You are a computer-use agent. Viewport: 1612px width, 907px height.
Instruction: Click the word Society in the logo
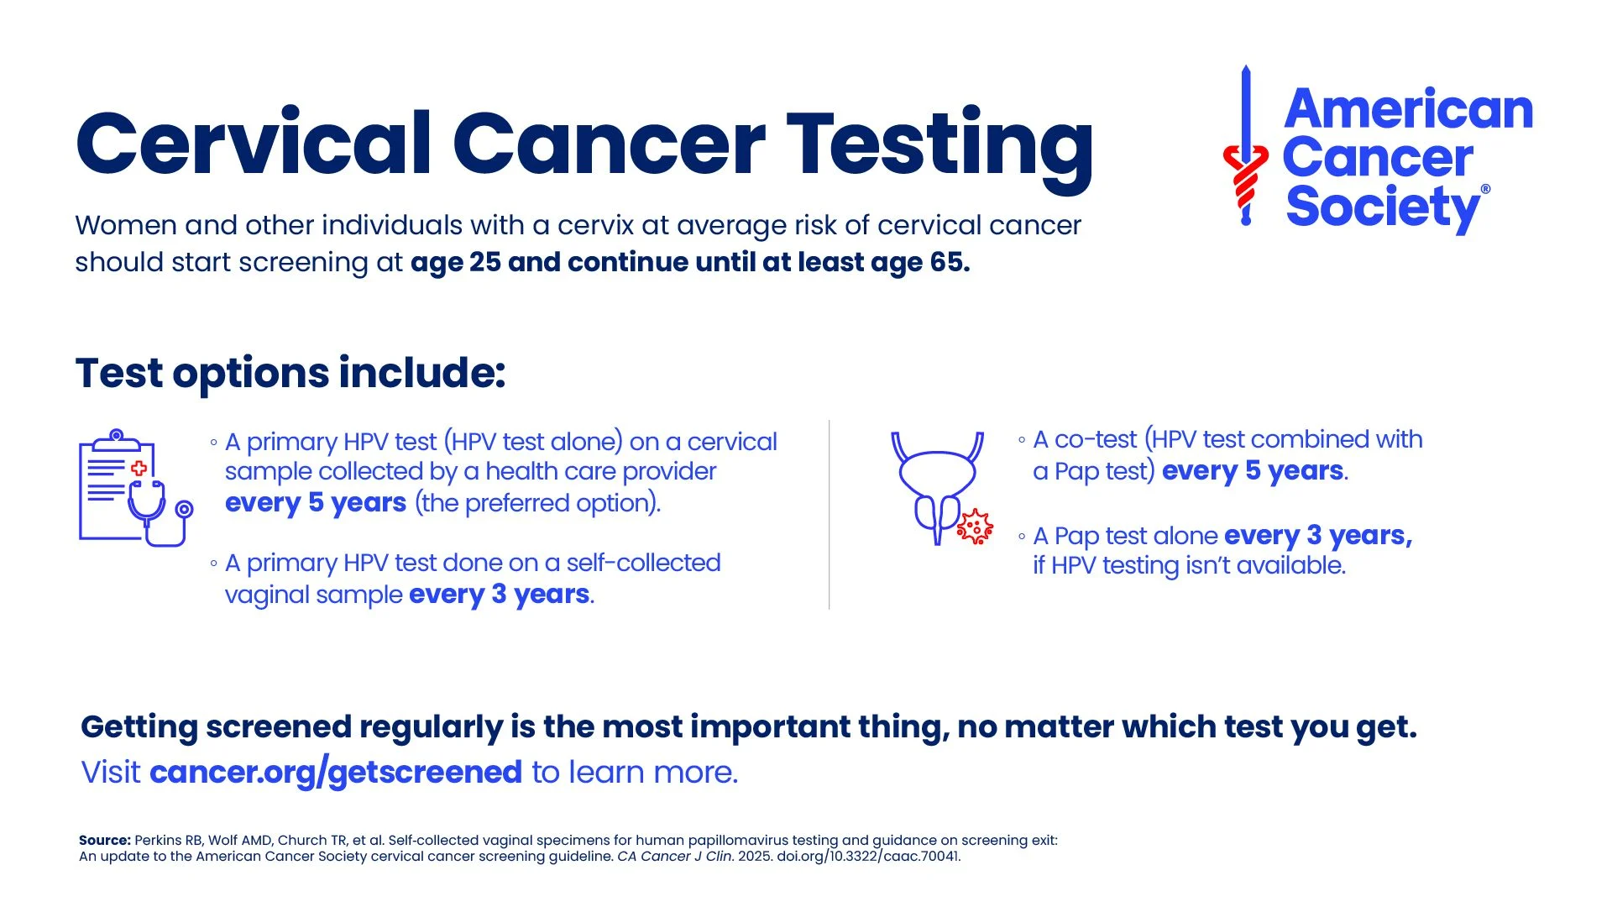point(1381,207)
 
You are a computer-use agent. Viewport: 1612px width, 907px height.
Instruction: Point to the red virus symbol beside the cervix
point(975,527)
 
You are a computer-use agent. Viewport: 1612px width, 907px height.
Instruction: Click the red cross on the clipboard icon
point(139,468)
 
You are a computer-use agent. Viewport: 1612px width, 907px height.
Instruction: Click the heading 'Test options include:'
point(290,373)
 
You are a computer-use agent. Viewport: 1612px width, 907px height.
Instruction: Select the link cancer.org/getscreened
point(336,772)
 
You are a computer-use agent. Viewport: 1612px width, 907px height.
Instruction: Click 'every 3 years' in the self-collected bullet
point(500,595)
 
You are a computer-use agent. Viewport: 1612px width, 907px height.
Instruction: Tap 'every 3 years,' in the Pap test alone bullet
point(1317,535)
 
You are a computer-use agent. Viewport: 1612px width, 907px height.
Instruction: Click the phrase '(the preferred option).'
point(537,503)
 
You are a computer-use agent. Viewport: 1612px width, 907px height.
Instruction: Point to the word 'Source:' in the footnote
point(105,841)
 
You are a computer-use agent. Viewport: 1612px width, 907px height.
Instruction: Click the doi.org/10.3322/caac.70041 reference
point(868,857)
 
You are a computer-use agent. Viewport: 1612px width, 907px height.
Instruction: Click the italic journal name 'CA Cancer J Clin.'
point(675,857)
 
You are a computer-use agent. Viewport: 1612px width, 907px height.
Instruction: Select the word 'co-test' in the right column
point(1095,439)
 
